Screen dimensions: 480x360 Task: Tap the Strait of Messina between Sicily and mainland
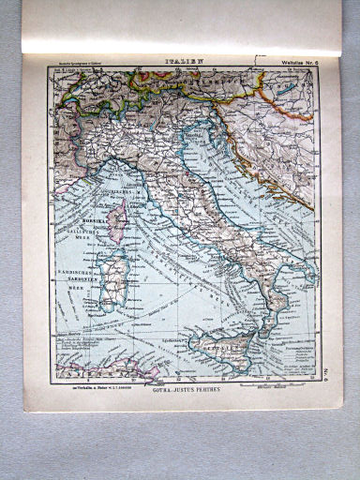click(261, 327)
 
